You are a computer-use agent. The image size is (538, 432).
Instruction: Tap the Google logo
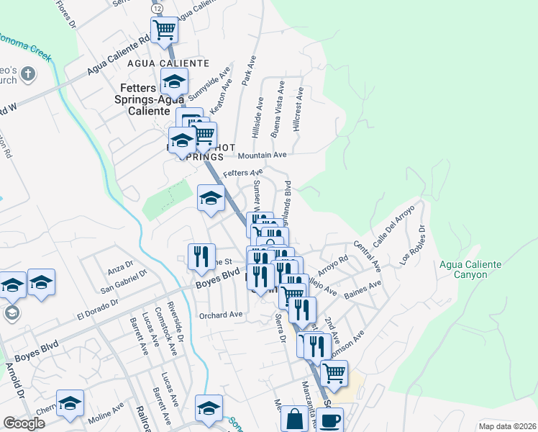24,423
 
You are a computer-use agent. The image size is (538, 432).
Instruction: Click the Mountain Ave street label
262,155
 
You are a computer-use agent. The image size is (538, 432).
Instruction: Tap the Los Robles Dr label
413,246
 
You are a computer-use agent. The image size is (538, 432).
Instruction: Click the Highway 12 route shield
156,6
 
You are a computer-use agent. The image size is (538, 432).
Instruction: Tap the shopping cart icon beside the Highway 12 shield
165,30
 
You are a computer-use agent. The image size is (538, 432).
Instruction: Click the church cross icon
28,73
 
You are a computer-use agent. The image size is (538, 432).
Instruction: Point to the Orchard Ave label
221,315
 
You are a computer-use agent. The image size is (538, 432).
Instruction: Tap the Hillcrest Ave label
298,109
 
